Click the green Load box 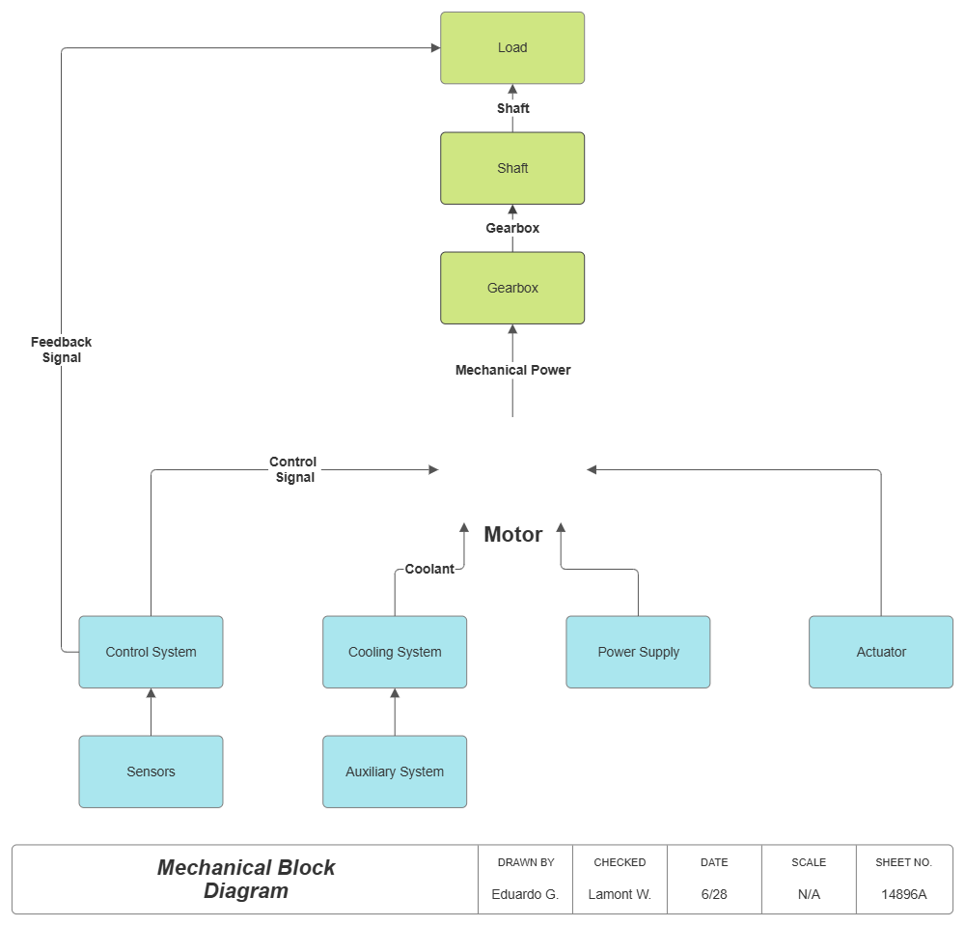512,47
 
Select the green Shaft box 512,168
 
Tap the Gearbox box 512,288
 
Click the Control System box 151,652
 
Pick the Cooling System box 395,652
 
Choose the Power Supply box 638,652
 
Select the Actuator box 881,652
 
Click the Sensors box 151,772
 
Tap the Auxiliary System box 395,772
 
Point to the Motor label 512,534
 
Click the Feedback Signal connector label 62,350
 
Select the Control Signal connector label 294,469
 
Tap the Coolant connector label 429,569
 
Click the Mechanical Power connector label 512,370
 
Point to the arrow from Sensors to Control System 151,712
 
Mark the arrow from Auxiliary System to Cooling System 395,712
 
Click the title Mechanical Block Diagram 246,879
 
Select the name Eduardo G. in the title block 525,894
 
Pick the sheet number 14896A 903,894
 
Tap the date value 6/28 714,894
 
